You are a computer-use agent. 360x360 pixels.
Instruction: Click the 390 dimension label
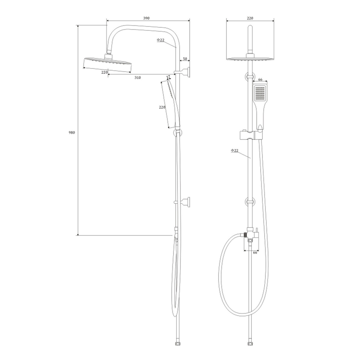[146, 18]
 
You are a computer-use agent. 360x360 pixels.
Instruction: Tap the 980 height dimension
[72, 132]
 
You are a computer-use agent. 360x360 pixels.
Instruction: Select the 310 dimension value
[138, 78]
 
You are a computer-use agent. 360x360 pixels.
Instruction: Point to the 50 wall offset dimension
[185, 59]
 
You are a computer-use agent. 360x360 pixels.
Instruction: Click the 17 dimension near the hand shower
[168, 77]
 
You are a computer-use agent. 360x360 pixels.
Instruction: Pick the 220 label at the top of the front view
[250, 18]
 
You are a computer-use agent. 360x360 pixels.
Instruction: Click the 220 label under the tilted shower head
[104, 72]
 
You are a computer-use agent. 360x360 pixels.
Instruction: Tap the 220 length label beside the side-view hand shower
[162, 107]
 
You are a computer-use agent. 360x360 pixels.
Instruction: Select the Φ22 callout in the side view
[161, 40]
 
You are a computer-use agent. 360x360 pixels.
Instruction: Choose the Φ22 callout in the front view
[235, 150]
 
